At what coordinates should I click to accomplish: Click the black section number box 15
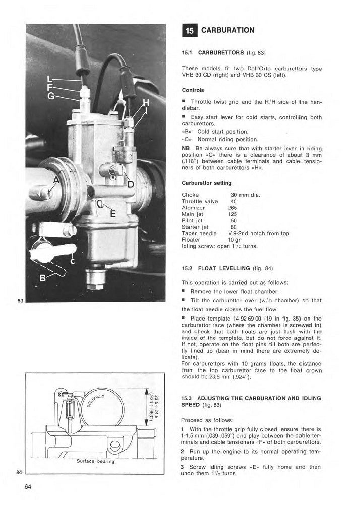click(x=189, y=30)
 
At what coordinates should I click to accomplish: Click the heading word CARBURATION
click(x=227, y=30)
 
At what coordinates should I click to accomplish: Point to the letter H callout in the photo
click(x=147, y=103)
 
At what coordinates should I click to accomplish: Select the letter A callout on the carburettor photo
click(x=56, y=182)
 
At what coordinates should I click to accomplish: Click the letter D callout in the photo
click(x=131, y=184)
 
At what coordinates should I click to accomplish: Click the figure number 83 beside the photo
click(x=21, y=301)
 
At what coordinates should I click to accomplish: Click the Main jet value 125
click(x=232, y=214)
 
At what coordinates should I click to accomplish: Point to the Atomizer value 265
click(x=232, y=207)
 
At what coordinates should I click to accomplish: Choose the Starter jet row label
click(x=195, y=227)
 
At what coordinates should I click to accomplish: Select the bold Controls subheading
click(x=192, y=90)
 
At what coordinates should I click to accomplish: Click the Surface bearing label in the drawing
click(x=96, y=461)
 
